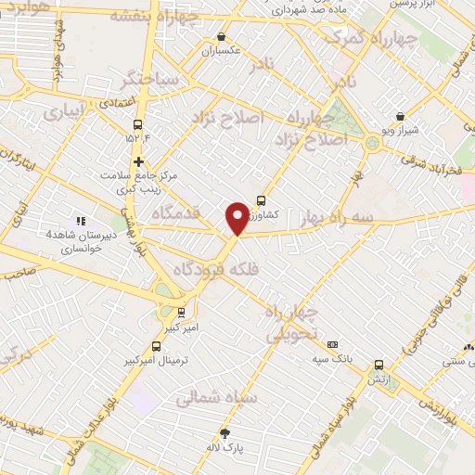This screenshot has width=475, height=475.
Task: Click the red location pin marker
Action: [237, 217]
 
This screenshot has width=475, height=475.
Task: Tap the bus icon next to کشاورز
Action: [261, 199]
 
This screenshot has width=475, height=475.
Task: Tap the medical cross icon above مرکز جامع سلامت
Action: [138, 160]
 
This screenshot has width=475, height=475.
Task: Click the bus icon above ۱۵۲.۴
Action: [138, 125]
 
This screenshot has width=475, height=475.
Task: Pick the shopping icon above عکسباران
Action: [221, 37]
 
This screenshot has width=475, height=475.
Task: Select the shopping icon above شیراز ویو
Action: [400, 117]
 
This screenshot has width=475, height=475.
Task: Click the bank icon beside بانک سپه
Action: [332, 344]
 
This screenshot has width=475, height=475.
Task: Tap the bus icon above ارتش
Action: [379, 366]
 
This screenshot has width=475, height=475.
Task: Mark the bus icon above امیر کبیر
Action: [182, 313]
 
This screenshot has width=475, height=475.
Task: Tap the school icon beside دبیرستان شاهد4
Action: [81, 221]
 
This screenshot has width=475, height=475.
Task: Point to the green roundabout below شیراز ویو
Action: [373, 142]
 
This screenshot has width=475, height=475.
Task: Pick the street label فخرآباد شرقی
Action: [432, 165]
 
